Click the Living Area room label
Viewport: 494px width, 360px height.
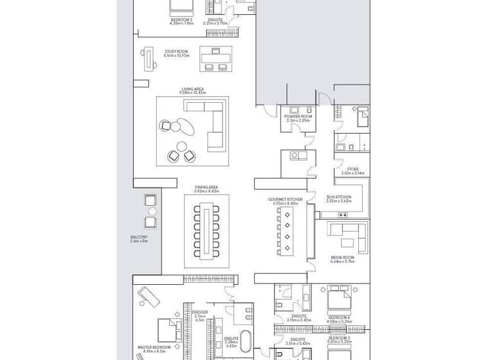(193, 91)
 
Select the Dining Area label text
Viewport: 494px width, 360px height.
(207, 189)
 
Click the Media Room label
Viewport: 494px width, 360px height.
(342, 259)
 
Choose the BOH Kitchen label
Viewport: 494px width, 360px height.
(338, 199)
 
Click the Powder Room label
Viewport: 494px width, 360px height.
(298, 118)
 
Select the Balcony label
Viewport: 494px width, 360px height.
(139, 239)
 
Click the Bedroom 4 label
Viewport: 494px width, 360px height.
(339, 319)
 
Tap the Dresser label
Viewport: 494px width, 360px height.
(199, 314)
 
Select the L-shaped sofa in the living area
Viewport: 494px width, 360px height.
(214, 129)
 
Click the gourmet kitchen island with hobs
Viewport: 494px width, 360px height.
(283, 234)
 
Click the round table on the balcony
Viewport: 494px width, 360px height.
(152, 212)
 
